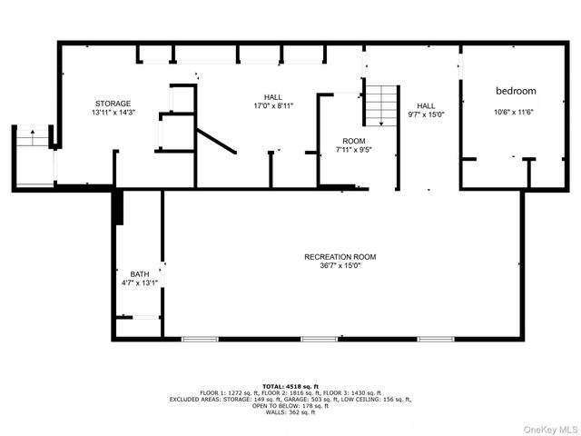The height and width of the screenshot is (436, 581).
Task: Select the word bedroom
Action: tap(516, 91)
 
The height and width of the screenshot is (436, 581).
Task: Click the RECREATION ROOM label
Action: tap(339, 257)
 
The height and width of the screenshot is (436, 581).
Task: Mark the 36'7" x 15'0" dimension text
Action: tap(339, 266)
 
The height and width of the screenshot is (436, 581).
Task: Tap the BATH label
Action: tap(139, 274)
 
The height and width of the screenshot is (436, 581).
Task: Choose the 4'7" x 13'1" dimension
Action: tap(139, 283)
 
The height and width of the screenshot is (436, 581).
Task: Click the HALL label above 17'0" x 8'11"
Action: tap(272, 97)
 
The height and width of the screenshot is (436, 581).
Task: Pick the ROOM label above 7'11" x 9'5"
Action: tap(353, 141)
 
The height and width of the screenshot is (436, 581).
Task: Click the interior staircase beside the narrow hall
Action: tap(381, 105)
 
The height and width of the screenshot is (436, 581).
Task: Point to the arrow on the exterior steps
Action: tap(34, 137)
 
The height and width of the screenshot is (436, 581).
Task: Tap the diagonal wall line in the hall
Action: tap(217, 141)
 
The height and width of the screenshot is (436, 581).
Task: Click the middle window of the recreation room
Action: tap(319, 339)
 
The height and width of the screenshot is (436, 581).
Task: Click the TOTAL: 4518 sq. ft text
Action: tap(290, 385)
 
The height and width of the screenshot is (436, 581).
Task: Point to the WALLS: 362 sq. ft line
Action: tap(290, 412)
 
